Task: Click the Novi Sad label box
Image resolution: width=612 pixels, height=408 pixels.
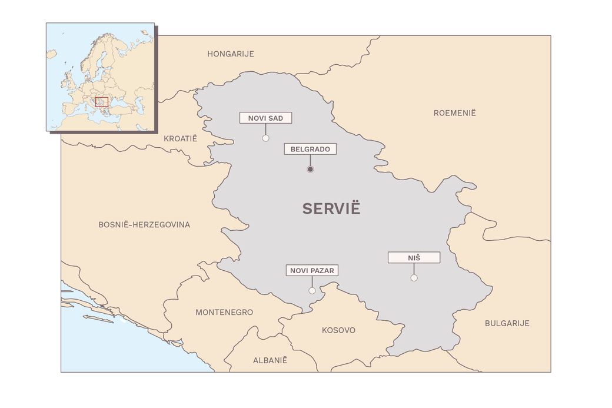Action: point(265,118)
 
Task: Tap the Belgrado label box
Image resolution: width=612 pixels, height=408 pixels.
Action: point(310,149)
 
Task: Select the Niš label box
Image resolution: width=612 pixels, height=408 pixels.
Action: point(414,257)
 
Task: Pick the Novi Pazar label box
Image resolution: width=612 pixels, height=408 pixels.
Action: point(312,271)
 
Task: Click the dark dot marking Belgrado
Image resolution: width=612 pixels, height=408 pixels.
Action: point(310,170)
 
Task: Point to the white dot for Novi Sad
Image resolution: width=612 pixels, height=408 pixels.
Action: point(265,138)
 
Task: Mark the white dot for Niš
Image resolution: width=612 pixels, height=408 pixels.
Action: point(414,278)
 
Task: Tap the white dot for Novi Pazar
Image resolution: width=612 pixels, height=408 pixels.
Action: point(312,291)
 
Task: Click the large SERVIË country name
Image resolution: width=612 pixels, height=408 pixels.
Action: point(331,208)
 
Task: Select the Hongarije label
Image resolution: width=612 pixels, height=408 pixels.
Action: point(230,54)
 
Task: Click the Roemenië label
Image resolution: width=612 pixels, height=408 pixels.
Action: point(454,112)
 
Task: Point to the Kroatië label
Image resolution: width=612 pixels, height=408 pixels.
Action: point(180,138)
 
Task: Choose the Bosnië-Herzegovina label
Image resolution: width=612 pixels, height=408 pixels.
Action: point(144,224)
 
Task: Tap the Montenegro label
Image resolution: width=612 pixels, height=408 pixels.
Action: point(224,312)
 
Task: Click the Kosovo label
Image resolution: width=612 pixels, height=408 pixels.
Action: point(338,330)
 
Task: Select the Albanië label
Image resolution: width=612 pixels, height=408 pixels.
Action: point(270,360)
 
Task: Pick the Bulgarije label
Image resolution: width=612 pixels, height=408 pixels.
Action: point(507,323)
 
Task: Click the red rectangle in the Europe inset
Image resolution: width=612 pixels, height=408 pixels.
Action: point(102,102)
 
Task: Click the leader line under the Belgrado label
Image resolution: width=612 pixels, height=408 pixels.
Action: point(310,160)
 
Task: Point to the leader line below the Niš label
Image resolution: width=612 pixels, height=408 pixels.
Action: point(414,268)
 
